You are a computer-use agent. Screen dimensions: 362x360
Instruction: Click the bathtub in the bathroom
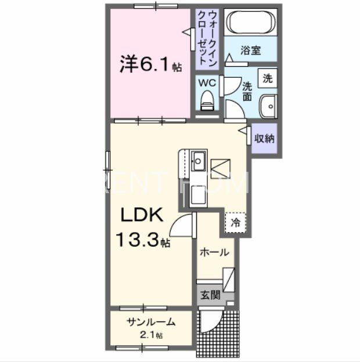250,23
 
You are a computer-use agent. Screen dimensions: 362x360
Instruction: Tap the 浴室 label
251,50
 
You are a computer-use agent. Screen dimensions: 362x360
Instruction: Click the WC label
208,83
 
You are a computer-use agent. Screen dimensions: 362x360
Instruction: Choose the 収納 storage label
265,139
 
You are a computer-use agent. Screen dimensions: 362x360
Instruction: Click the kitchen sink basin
198,158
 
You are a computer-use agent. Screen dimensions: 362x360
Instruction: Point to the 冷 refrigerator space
236,222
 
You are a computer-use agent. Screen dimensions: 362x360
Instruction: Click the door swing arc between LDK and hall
185,223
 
